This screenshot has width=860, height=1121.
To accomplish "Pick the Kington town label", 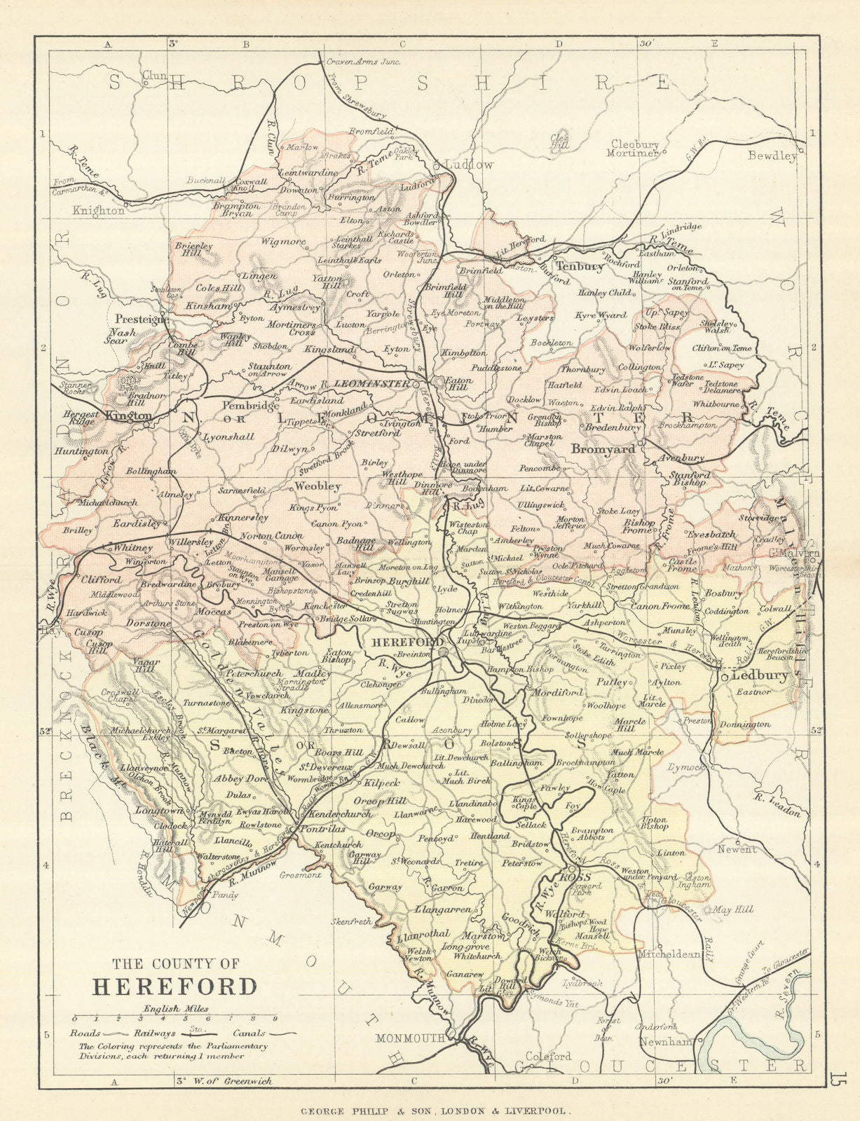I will [x=128, y=415].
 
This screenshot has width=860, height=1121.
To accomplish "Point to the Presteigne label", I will [x=141, y=318].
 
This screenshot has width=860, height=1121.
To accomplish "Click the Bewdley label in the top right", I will [x=772, y=156].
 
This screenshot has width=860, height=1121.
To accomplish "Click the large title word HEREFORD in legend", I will [x=175, y=986].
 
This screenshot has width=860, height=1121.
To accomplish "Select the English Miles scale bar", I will [x=175, y=1017].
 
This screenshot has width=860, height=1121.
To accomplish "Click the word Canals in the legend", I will [x=246, y=1033].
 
